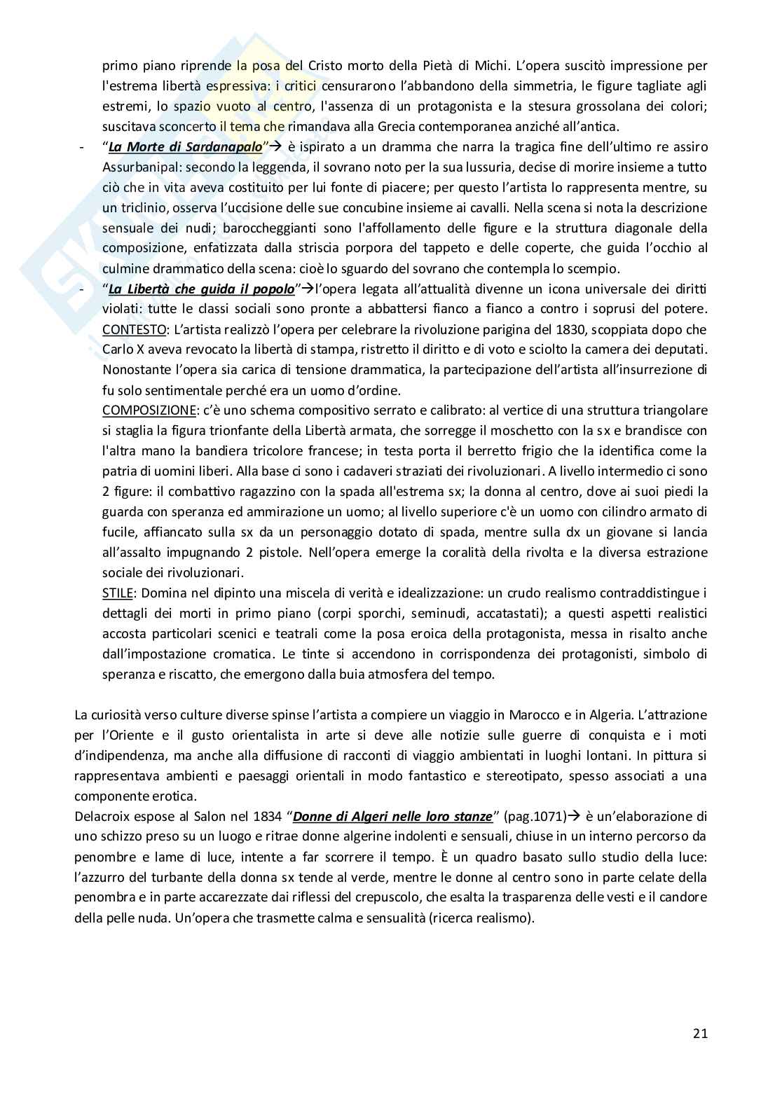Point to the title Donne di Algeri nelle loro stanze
(392, 816)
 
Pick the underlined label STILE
(117, 593)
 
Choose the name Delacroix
(102, 816)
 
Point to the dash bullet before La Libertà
(83, 289)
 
